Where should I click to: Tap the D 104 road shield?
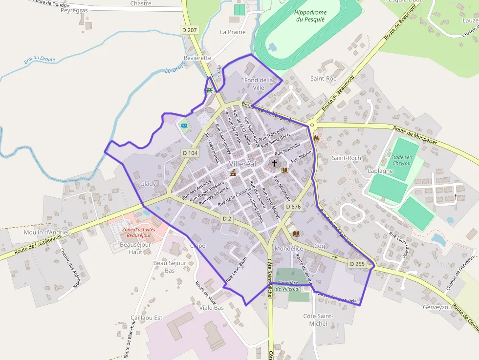190,153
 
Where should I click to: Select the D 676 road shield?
293,207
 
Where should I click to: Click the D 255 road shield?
357,264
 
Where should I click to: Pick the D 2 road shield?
226,219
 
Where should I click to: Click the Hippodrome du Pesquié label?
310,16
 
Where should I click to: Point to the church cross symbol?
275,163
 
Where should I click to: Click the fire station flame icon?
316,138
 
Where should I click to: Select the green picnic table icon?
209,90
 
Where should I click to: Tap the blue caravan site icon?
184,126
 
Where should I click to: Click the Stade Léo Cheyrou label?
401,160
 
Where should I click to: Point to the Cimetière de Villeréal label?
292,286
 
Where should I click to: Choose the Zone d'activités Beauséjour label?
139,233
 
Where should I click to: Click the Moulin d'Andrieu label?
47,233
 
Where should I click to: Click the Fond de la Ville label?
259,84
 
